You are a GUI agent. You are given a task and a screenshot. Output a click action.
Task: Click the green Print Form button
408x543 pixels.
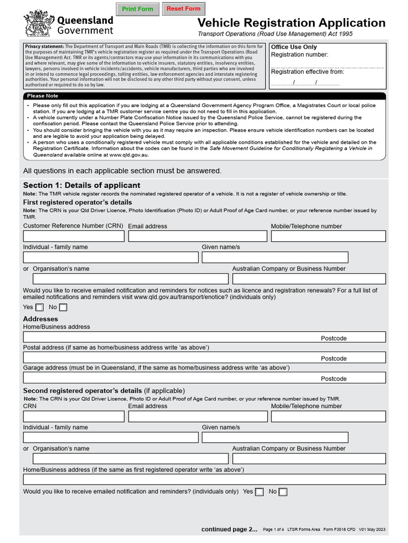[137, 9]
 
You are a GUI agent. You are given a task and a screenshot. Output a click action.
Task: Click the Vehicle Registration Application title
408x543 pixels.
[291, 23]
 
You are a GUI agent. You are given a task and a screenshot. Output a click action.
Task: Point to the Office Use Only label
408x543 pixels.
[294, 47]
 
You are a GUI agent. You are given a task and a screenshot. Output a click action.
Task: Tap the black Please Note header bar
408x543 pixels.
[205, 96]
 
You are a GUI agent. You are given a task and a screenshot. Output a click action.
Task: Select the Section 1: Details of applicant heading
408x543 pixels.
[81, 185]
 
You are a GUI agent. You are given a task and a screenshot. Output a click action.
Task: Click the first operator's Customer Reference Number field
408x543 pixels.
[73, 236]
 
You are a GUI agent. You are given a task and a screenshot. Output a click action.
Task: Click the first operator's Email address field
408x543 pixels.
[198, 236]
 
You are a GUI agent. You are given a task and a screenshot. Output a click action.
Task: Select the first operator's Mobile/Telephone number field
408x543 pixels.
[328, 236]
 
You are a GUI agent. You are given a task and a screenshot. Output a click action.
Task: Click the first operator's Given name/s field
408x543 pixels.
[275, 257]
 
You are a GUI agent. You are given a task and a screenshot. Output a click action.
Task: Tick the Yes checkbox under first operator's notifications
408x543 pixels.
[40, 308]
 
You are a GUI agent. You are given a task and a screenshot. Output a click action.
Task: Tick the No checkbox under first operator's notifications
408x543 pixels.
[63, 308]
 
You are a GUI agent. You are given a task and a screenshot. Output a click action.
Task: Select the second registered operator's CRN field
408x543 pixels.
[73, 416]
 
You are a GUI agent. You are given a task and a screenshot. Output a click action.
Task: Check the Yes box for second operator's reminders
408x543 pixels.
[259, 492]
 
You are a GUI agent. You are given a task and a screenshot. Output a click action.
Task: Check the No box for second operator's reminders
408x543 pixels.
[283, 492]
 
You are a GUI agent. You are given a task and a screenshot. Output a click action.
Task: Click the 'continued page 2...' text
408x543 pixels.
[229, 529]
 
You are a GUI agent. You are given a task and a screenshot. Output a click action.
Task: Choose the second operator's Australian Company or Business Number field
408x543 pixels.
[309, 459]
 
